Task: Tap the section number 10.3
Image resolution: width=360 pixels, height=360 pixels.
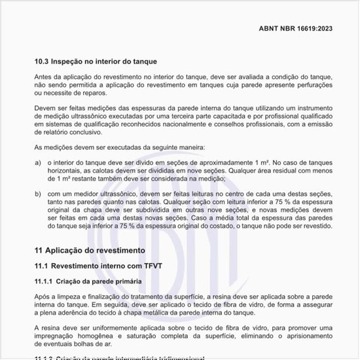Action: [42, 62]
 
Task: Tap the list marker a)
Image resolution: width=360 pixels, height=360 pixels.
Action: [38, 161]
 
